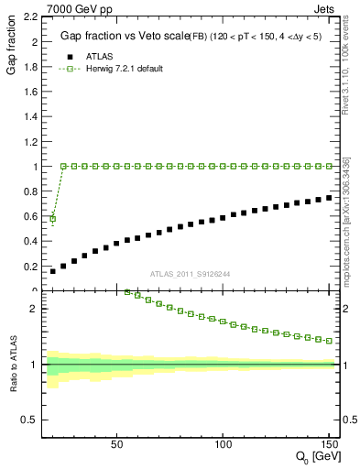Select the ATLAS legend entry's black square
point(67,55)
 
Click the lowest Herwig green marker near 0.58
point(53,219)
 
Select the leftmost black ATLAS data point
point(53,271)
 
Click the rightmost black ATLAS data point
point(329,197)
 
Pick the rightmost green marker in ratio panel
point(329,340)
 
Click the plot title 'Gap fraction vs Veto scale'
point(119,37)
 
